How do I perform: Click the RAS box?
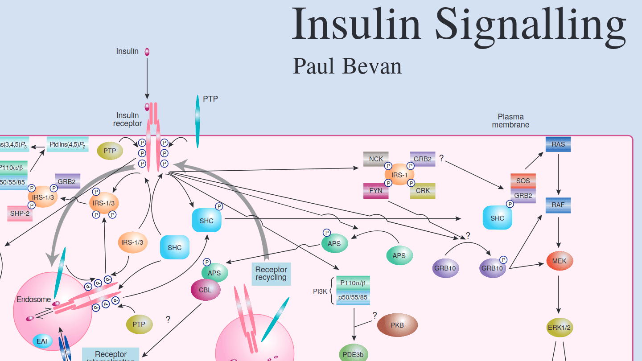[x=558, y=144]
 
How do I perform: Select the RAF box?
[x=558, y=205]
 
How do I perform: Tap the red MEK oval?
[x=560, y=261]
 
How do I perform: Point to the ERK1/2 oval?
[x=560, y=328]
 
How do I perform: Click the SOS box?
[x=523, y=181]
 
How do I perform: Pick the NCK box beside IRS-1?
[x=376, y=159]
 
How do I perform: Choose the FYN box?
[x=376, y=190]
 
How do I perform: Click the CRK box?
[x=423, y=190]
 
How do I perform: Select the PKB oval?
[x=397, y=325]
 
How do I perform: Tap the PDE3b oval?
[x=354, y=354]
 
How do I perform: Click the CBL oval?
[x=205, y=290]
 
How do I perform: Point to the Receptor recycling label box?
[x=271, y=274]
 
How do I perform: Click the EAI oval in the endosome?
[x=42, y=341]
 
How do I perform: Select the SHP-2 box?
[x=20, y=213]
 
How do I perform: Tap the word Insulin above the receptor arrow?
[x=127, y=51]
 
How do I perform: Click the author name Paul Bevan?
[x=347, y=66]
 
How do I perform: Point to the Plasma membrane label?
[x=510, y=121]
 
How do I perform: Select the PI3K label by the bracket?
[x=321, y=291]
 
